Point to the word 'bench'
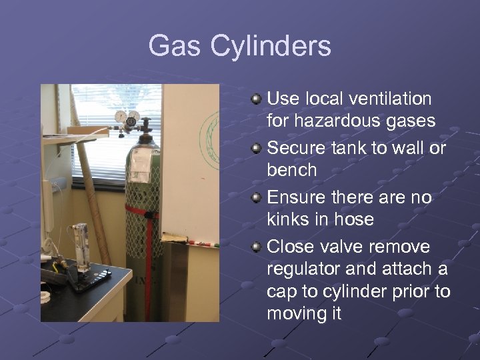point(291,170)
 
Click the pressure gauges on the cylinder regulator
point(127,117)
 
